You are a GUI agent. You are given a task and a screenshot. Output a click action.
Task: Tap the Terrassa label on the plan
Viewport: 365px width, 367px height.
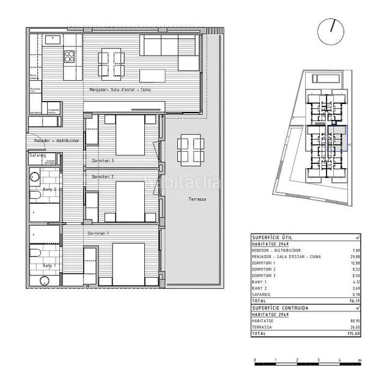point(197,200)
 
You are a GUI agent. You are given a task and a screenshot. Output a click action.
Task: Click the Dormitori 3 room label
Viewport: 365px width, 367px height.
point(103,161)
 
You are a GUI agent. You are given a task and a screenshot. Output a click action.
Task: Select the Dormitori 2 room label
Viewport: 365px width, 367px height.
point(103,176)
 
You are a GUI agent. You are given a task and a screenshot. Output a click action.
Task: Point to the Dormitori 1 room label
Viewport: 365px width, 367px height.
point(99,234)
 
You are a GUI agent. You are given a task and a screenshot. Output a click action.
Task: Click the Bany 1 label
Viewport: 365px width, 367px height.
point(50,266)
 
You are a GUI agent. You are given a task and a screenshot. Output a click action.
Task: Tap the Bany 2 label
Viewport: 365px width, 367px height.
point(50,190)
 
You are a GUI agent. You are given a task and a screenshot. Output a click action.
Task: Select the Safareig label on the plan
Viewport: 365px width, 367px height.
point(38,156)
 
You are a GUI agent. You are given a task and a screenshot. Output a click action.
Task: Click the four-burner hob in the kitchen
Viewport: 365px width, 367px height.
point(70,57)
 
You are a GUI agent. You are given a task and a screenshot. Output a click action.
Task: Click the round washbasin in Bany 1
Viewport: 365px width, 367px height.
point(42,281)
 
